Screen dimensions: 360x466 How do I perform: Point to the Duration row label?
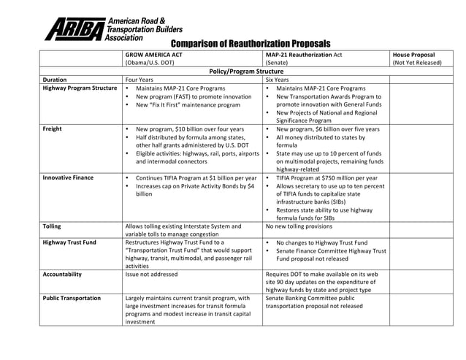56,80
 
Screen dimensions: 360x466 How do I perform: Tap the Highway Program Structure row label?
80,88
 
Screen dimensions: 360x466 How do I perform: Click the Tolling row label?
52,226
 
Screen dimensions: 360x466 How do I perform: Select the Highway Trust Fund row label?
69,242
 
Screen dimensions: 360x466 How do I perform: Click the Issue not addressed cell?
151,275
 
